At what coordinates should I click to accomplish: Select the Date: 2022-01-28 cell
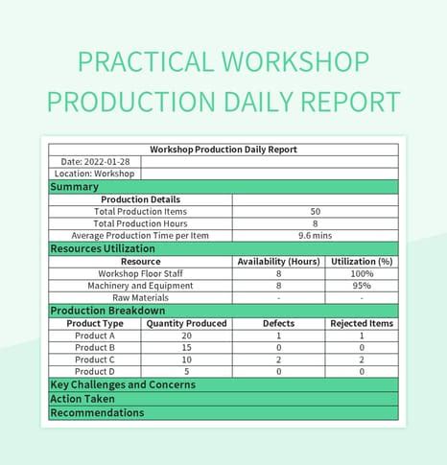[95, 162]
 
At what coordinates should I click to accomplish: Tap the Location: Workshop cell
[95, 174]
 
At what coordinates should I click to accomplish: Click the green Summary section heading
[74, 187]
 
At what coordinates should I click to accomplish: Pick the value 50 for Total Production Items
[316, 212]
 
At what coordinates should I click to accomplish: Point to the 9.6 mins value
[316, 236]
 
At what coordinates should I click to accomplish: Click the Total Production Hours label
[141, 223]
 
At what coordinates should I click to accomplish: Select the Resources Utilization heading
[103, 248]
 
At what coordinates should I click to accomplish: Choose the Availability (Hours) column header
[278, 261]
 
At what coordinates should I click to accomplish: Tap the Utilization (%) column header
[362, 261]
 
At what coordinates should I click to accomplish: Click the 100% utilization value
[362, 273]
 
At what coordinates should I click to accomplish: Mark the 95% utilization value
[362, 286]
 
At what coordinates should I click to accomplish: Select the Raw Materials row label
[141, 298]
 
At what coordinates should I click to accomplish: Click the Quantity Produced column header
[186, 324]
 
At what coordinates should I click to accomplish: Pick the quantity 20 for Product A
[186, 336]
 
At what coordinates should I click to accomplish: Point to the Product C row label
[95, 360]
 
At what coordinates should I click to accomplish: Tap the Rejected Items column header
[362, 324]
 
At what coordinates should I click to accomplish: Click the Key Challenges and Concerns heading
[123, 384]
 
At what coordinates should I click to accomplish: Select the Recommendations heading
[97, 412]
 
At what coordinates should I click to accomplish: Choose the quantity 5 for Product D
[186, 371]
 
